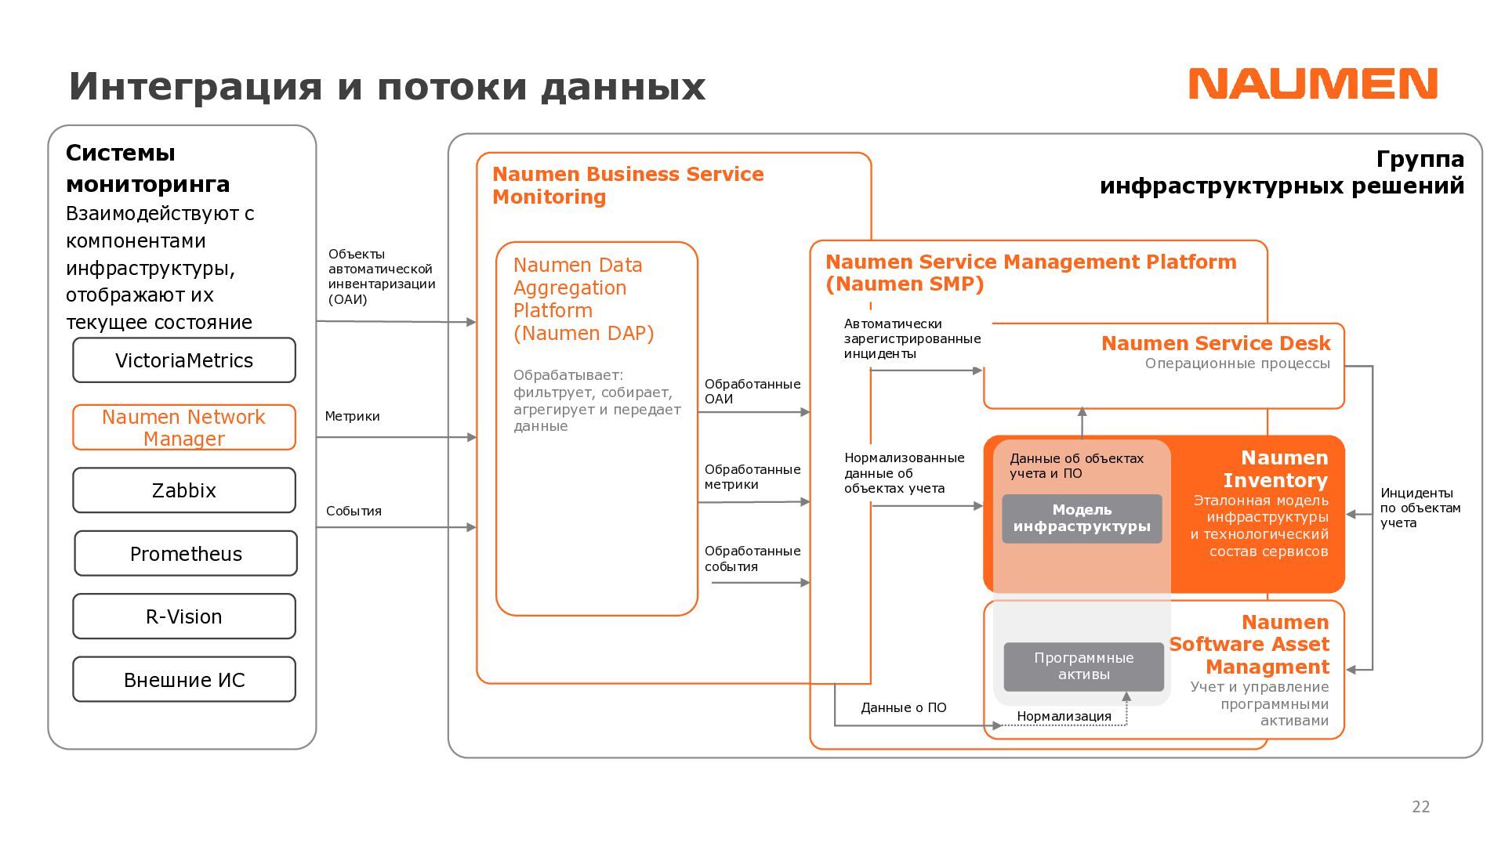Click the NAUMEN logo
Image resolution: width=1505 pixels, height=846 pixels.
[1313, 84]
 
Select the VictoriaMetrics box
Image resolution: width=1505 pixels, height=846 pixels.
[184, 360]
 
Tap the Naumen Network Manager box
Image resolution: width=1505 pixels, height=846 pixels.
[184, 428]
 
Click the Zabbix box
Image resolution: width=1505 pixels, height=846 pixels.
[184, 490]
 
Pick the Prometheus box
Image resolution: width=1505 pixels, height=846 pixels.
[186, 554]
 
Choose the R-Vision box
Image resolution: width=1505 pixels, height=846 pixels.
[184, 616]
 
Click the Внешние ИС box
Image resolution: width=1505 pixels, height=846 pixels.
[184, 680]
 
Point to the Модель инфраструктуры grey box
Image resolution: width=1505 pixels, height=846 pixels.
[1082, 519]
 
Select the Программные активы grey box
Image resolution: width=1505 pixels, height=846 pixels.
[1083, 667]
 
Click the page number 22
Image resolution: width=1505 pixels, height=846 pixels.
[1420, 807]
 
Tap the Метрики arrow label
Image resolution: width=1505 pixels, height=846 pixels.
[352, 417]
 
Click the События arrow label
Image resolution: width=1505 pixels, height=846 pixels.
[354, 512]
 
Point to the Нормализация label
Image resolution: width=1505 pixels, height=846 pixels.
[1064, 716]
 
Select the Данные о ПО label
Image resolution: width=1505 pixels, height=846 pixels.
[903, 708]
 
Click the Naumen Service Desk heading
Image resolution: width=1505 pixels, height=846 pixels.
[1215, 344]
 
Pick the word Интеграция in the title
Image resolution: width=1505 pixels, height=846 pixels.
[195, 86]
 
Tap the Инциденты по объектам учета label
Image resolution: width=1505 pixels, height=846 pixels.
[1420, 508]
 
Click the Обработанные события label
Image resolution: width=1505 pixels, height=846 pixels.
[752, 559]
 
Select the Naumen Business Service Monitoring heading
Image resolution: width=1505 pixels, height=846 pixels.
[627, 186]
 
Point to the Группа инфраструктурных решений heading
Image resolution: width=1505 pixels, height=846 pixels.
[1282, 172]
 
